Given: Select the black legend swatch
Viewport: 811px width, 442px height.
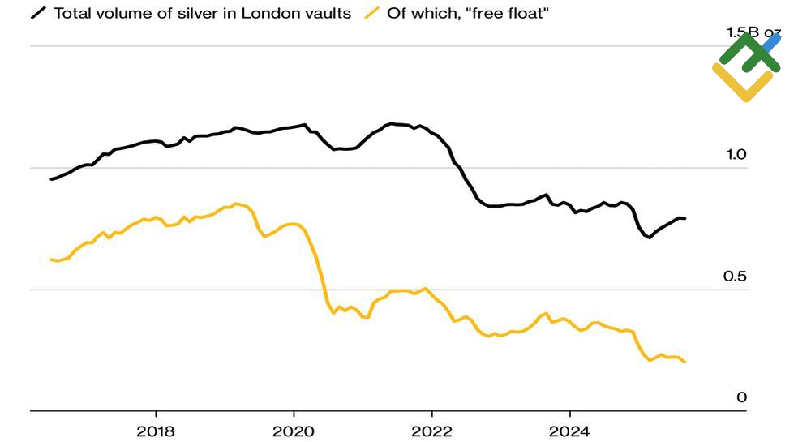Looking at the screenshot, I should (38, 14).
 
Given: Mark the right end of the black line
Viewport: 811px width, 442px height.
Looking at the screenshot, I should (685, 218).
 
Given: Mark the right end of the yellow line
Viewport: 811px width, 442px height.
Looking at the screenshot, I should (685, 362).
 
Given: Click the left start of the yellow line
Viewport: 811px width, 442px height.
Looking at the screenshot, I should (51, 260).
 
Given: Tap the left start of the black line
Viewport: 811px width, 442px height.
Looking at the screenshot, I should (51, 179).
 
